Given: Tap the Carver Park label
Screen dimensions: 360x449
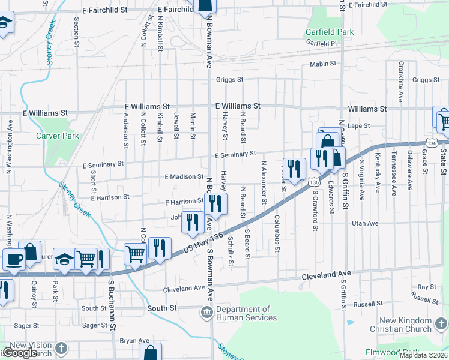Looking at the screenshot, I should point(58,136).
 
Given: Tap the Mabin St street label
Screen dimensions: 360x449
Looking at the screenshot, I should point(322,64).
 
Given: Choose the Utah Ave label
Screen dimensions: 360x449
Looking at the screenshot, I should point(365,223).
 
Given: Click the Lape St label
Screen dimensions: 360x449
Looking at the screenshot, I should point(358,126).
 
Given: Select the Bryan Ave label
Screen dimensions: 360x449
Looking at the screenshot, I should point(134,340).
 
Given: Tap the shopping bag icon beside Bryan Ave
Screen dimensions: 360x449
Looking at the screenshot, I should point(150,353).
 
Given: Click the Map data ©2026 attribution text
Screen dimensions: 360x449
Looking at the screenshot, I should point(423,355).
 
